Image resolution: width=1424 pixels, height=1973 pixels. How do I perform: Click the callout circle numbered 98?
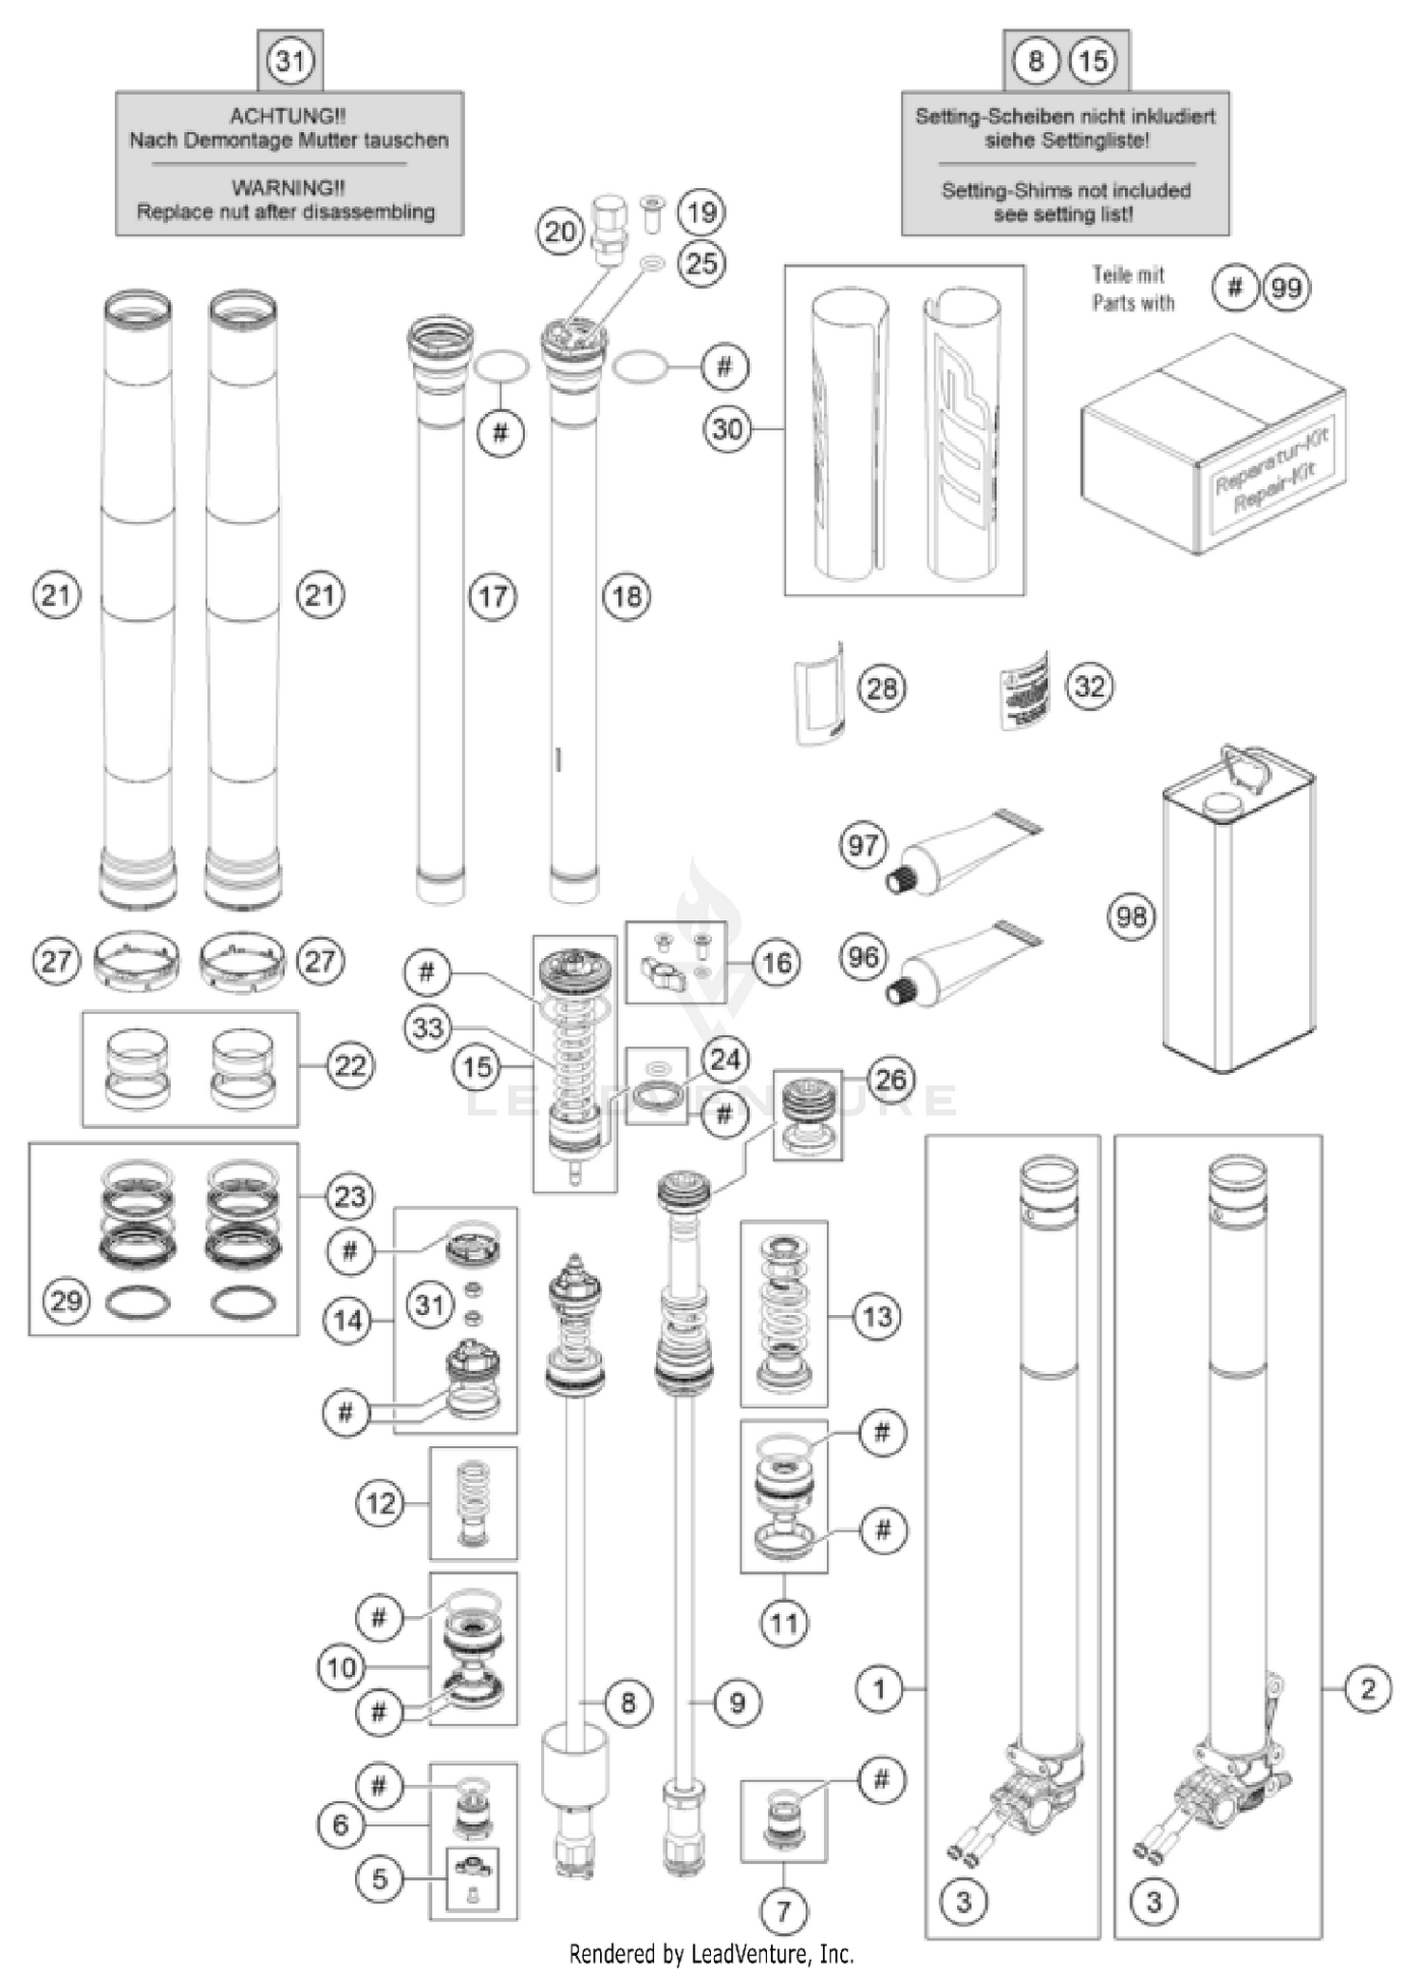tap(1131, 917)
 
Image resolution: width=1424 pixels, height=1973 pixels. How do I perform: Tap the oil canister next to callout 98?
tap(1239, 911)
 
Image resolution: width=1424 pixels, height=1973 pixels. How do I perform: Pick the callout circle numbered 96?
tap(863, 956)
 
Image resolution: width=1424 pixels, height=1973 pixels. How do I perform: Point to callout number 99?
tap(1285, 288)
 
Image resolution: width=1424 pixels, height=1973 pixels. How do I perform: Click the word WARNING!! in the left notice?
tap(288, 188)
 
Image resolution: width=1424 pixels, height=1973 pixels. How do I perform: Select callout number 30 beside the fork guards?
tap(727, 429)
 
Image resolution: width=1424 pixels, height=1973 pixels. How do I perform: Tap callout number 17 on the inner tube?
tap(493, 596)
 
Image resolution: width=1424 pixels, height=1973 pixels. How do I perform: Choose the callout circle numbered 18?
tap(627, 596)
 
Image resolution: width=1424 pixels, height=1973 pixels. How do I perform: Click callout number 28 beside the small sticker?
tap(881, 687)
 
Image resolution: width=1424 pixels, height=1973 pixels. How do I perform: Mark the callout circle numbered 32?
tap(1089, 686)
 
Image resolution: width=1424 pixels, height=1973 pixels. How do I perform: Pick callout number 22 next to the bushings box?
tap(350, 1065)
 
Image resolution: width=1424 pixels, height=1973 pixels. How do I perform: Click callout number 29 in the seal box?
tap(66, 1300)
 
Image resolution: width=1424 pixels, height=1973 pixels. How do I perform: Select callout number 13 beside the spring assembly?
tap(876, 1316)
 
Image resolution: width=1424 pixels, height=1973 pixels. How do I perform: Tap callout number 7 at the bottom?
tap(783, 1911)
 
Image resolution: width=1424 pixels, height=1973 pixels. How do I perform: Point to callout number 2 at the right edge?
tap(1368, 1688)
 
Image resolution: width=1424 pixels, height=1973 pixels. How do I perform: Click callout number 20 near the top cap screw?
tap(560, 232)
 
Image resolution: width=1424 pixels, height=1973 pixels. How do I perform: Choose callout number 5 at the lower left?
tap(380, 1880)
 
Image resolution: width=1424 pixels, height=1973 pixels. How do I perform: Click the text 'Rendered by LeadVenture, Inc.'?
tap(711, 1954)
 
